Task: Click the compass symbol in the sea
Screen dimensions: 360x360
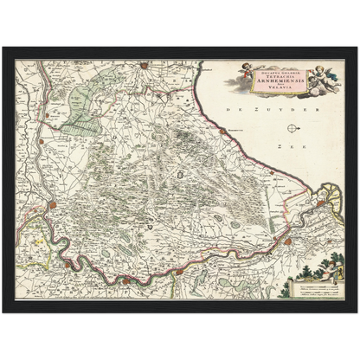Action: tap(292, 129)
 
